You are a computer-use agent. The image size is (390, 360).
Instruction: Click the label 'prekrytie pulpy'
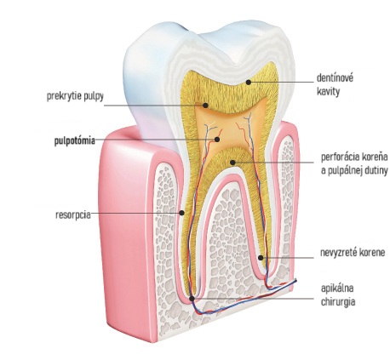(75, 96)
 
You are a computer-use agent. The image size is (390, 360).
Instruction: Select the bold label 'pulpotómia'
(75, 140)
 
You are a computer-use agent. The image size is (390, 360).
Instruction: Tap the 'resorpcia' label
(73, 214)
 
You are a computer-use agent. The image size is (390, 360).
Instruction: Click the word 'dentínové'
(335, 77)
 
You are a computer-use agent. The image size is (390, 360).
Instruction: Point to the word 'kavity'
(328, 92)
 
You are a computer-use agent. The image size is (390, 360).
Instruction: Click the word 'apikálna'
(337, 289)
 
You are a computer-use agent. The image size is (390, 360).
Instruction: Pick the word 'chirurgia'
(338, 302)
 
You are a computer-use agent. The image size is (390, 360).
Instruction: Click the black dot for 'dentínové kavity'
(249, 83)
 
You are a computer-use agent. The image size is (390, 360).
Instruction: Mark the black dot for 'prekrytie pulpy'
(205, 106)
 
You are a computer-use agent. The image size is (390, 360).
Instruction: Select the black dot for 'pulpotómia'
(217, 140)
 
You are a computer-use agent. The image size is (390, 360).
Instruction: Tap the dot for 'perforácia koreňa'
(232, 163)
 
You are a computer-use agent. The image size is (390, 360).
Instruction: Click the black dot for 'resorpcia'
(182, 213)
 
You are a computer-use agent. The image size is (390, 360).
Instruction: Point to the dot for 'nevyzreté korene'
(261, 258)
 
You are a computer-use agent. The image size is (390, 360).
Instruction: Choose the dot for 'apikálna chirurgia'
(192, 299)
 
